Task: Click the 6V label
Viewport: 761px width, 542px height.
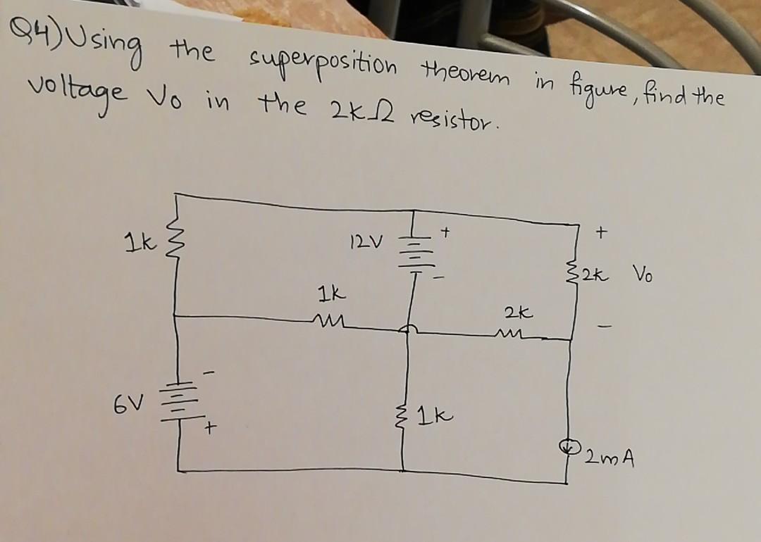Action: point(123,405)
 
